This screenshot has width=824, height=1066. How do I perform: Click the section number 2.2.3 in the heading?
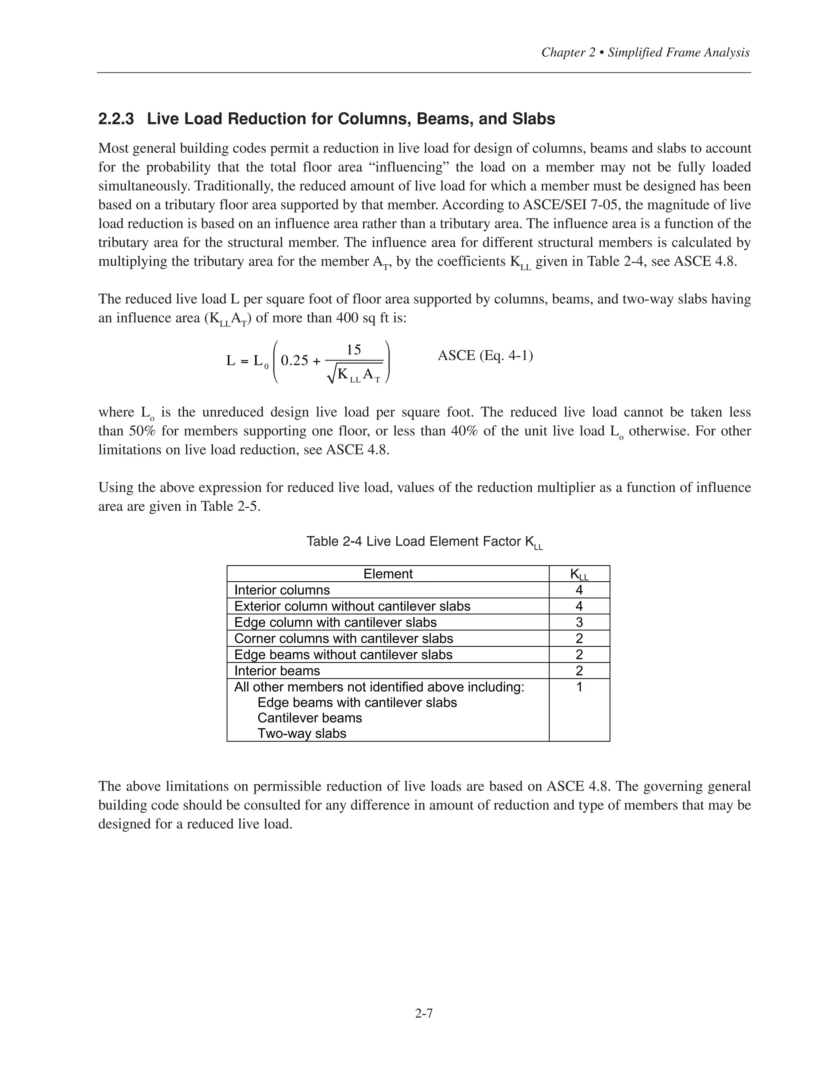click(116, 119)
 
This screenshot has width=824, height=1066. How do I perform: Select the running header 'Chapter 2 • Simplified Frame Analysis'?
click(645, 53)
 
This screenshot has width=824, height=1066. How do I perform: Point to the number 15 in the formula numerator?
click(353, 350)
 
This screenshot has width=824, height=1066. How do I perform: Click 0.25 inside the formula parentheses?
click(295, 361)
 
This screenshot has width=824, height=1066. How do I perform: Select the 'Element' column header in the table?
click(388, 574)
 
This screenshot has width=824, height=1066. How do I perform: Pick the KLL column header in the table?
click(579, 574)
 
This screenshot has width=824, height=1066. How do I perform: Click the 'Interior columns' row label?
click(282, 590)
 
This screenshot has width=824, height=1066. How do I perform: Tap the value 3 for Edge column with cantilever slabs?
click(579, 622)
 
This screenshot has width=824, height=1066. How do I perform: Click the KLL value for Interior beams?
click(579, 671)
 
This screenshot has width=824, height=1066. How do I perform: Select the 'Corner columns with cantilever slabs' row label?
click(344, 638)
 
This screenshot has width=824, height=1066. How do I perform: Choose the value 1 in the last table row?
click(579, 687)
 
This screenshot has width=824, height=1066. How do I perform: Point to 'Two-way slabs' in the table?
click(302, 734)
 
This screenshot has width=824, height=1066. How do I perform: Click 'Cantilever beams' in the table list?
click(309, 718)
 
